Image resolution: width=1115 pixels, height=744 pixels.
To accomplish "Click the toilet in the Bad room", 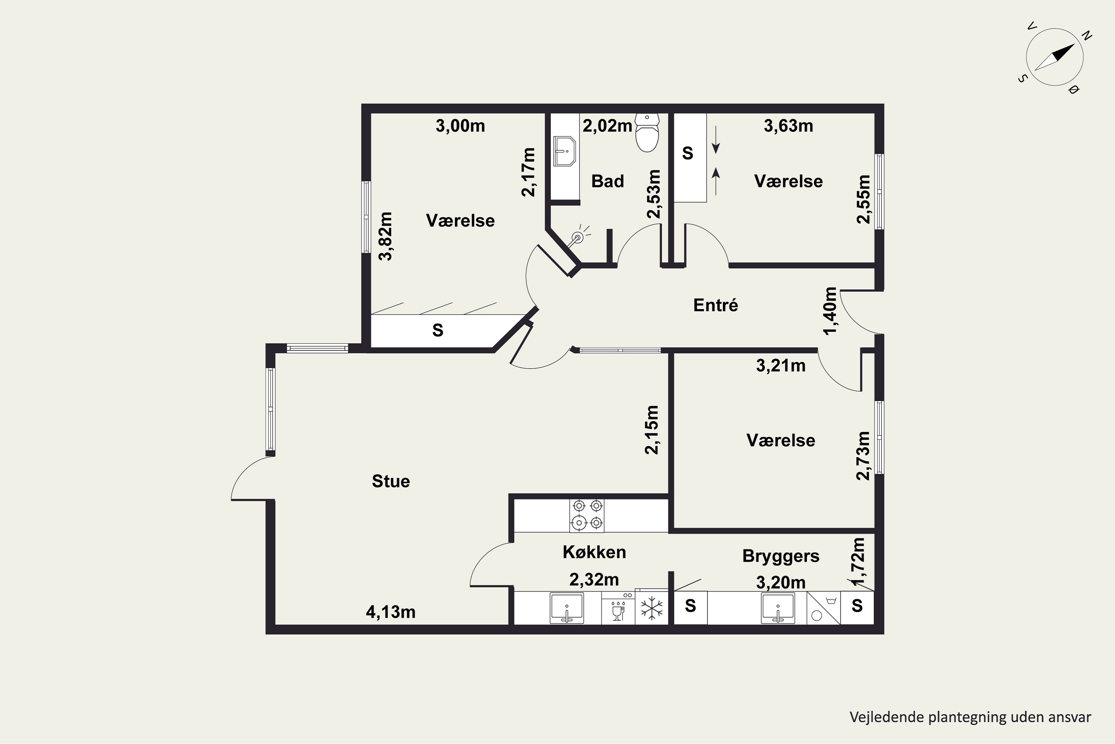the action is tap(647, 132).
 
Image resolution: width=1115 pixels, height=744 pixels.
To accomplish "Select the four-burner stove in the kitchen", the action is tap(587, 515).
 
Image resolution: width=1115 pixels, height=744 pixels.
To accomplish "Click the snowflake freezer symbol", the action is tap(652, 608).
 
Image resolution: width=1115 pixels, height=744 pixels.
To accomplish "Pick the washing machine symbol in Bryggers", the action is tap(824, 608).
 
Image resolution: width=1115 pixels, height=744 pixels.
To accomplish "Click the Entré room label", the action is tap(715, 305).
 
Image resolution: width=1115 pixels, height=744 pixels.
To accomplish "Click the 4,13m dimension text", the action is tap(391, 612).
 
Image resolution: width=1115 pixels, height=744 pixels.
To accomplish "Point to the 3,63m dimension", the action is tap(788, 126).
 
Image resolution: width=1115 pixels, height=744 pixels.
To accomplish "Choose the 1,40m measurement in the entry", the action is tap(831, 311).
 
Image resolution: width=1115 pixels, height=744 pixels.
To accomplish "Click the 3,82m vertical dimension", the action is tap(385, 236).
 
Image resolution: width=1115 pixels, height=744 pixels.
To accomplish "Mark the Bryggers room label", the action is tap(781, 556).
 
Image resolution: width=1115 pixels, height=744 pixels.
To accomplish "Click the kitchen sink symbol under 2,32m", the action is tap(567, 608).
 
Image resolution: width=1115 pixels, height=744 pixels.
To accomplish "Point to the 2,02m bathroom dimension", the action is tap(607, 126).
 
